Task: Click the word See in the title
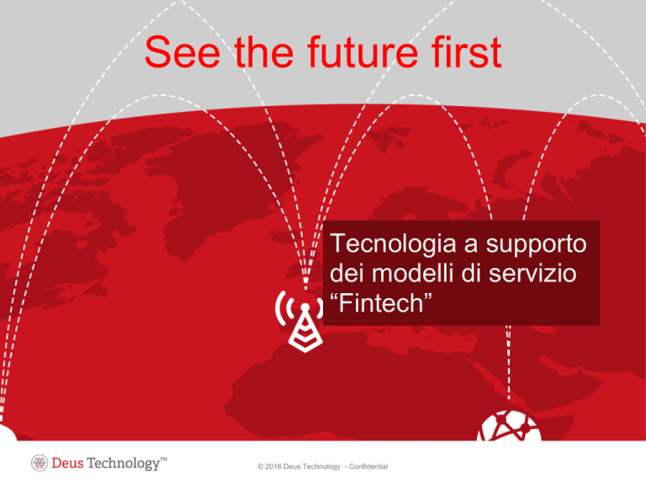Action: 183,51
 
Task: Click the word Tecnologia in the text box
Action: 393,243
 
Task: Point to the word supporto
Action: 536,245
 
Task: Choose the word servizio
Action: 532,273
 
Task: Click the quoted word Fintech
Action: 381,303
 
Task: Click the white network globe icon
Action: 509,427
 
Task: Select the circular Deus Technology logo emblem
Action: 40,463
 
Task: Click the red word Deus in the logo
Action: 67,463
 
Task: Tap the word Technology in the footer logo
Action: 123,464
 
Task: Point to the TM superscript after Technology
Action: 163,459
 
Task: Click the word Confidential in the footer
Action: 368,466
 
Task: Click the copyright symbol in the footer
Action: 261,466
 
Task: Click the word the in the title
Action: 264,51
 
